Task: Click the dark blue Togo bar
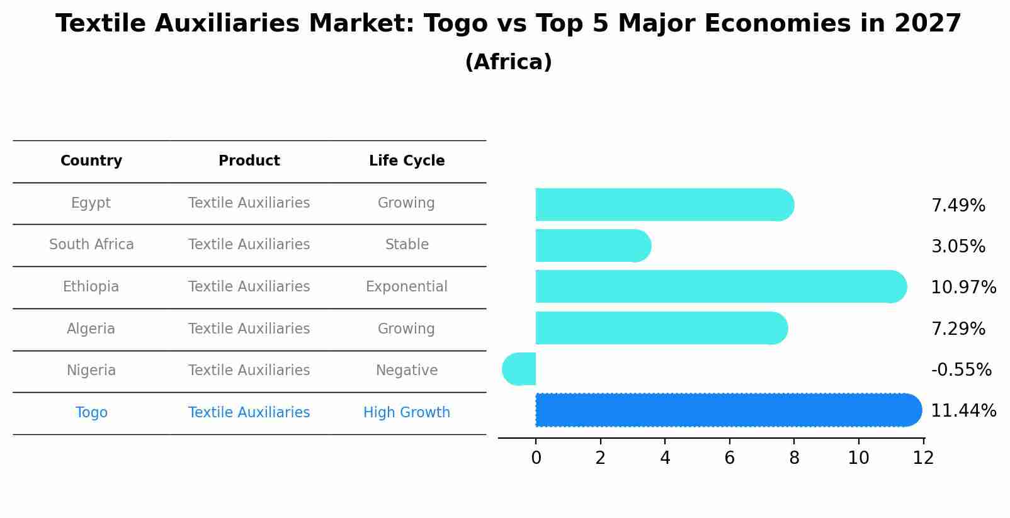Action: click(724, 410)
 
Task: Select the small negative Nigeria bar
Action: click(520, 369)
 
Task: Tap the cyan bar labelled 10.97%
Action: click(718, 286)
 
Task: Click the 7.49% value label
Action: click(958, 206)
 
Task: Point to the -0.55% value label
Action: click(961, 369)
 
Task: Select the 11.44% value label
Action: click(963, 411)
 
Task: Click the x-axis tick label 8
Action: click(794, 458)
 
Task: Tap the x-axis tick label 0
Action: click(536, 458)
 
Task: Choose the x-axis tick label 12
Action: click(923, 458)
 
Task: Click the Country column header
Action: click(91, 161)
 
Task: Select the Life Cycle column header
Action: click(407, 161)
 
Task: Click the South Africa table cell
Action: click(91, 245)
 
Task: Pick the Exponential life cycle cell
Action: click(407, 287)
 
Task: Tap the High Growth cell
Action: click(407, 413)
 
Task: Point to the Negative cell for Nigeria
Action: click(407, 371)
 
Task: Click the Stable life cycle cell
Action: click(407, 245)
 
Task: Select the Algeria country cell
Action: click(91, 329)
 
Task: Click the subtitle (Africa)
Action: click(508, 62)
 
